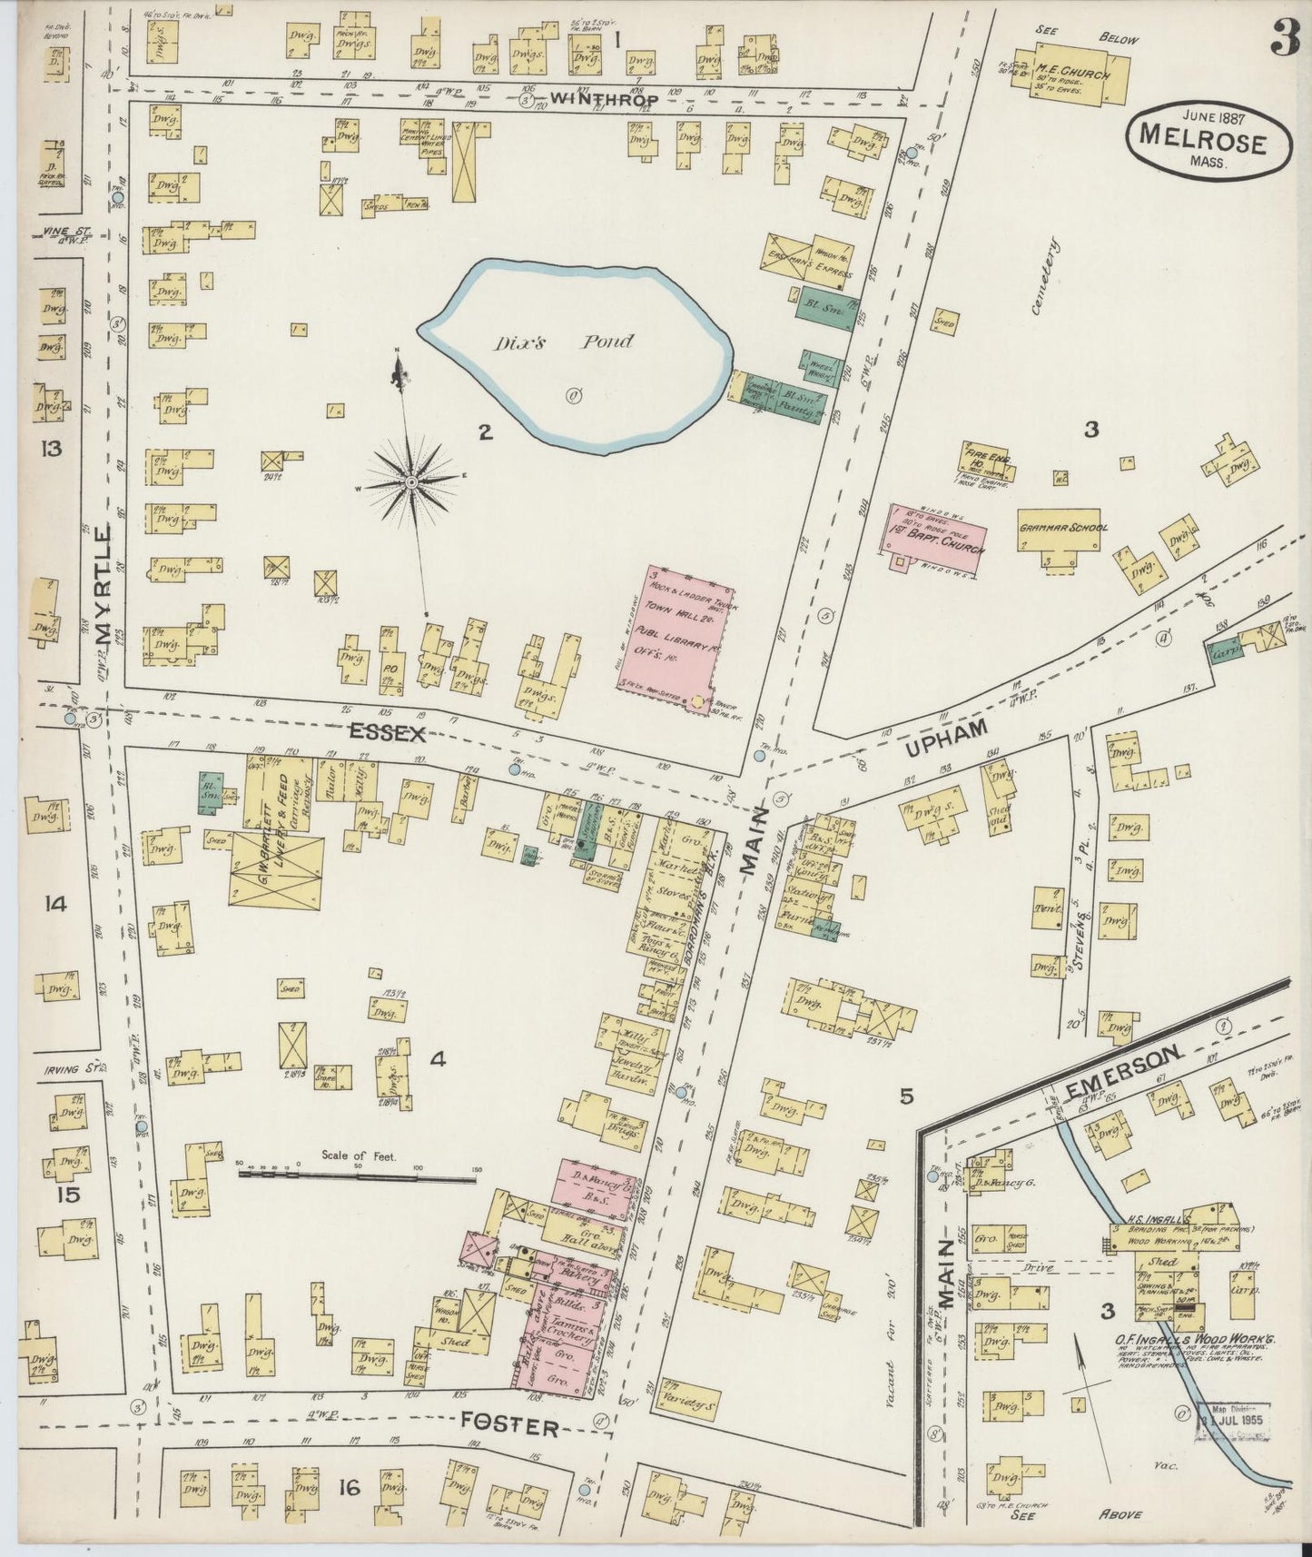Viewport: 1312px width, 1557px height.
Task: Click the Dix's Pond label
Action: coord(564,342)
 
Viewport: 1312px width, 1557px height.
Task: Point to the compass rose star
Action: coord(411,481)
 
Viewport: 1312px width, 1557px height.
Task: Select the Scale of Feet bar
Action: coord(358,1178)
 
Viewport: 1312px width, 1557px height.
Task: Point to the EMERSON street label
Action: coord(1127,1072)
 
